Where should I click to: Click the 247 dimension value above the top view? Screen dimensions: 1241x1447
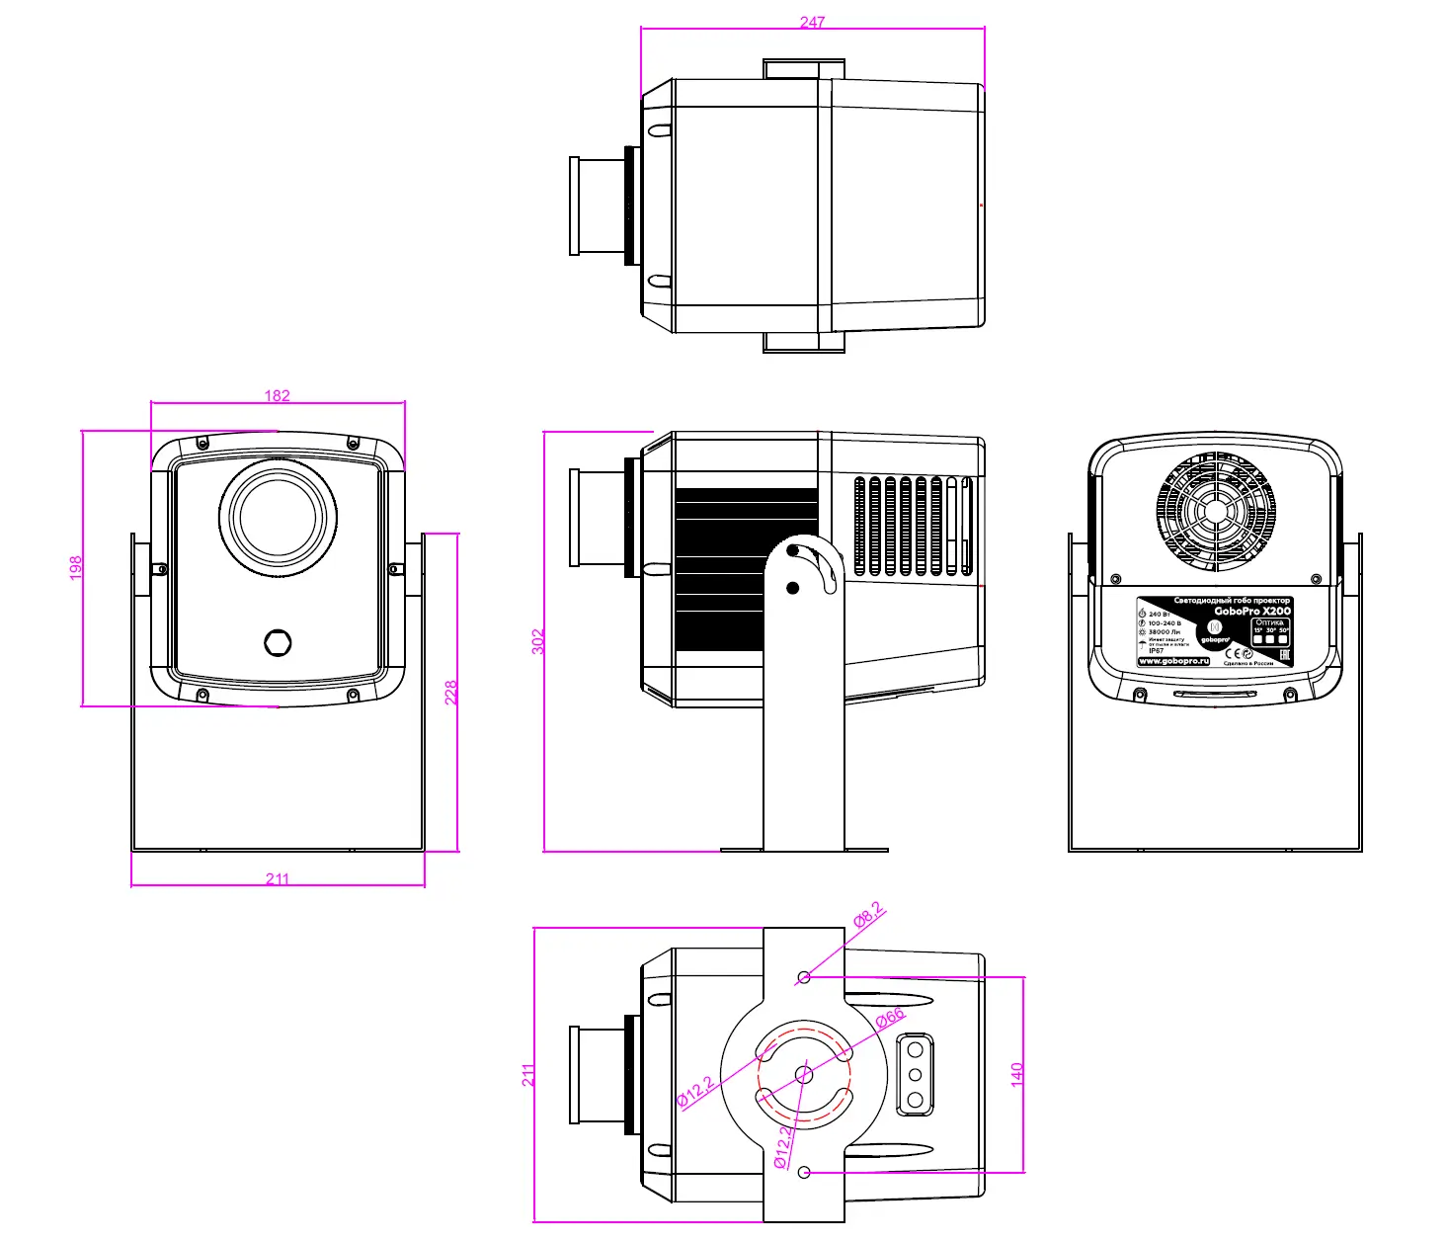(812, 21)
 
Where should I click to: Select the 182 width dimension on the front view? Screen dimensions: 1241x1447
(278, 395)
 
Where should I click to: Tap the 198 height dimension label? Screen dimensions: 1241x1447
(76, 567)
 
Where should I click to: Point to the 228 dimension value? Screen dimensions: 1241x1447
(451, 692)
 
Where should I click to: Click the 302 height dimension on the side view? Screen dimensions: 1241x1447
(538, 641)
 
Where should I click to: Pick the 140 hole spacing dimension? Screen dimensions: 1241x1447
(1017, 1074)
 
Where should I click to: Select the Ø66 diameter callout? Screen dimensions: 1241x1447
(890, 1018)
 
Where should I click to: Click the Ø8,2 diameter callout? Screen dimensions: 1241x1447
(868, 915)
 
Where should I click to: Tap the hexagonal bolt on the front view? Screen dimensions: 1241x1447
(279, 642)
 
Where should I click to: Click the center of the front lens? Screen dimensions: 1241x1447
(278, 517)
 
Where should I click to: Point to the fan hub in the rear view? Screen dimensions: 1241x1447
(1215, 512)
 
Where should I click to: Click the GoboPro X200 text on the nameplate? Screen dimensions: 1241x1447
(1251, 611)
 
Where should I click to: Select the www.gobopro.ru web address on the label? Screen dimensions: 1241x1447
(1173, 661)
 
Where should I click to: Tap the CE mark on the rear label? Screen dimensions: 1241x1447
(1231, 653)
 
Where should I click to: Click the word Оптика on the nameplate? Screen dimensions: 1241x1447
(1269, 622)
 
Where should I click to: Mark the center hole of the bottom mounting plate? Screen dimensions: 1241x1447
(803, 1074)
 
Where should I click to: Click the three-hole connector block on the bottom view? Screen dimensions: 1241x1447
(915, 1074)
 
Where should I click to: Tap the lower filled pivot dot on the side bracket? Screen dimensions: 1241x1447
(792, 588)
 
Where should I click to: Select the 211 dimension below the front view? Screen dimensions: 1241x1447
(278, 878)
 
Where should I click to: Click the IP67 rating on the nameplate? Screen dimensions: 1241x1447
(1156, 651)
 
